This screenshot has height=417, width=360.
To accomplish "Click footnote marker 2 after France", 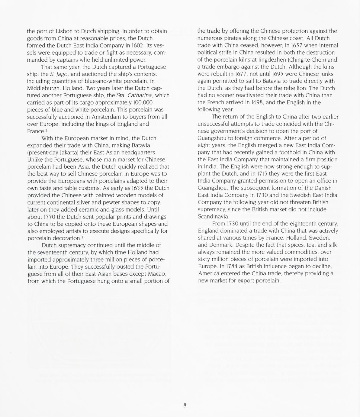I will (x=46, y=130).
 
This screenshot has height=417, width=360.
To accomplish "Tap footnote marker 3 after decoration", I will (x=82, y=237).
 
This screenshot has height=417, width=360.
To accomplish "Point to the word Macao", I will (x=157, y=274).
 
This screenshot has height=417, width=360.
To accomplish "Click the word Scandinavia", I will (x=214, y=217).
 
